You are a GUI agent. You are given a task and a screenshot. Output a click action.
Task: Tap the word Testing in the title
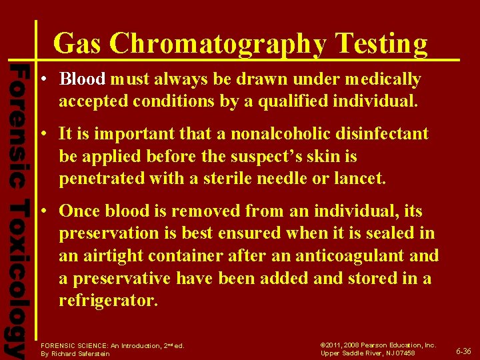381,44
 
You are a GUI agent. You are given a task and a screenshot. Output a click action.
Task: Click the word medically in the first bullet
387,80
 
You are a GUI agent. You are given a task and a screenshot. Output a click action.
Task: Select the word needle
287,179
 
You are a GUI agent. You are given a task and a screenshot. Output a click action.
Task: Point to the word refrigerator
108,301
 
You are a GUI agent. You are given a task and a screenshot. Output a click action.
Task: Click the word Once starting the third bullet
80,211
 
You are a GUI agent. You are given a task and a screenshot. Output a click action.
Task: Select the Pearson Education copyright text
378,345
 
